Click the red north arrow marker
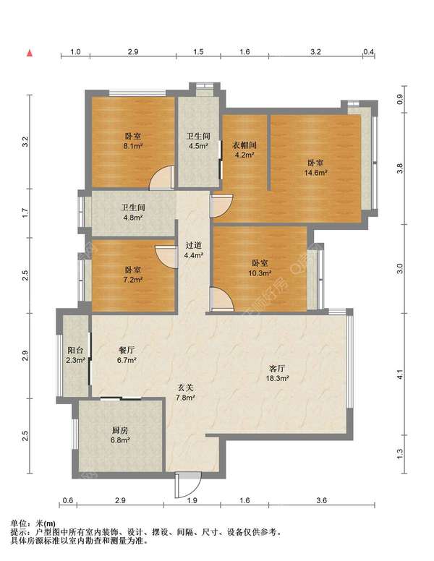[x=30, y=53]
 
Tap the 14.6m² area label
[x=315, y=173]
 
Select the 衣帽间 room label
[x=245, y=145]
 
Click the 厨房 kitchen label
[x=120, y=430]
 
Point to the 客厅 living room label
[x=277, y=369]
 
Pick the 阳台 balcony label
[x=75, y=351]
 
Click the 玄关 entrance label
[x=185, y=387]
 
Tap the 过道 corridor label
[x=193, y=246]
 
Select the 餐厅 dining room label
[x=127, y=351]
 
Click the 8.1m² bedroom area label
[x=133, y=146]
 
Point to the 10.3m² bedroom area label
[x=260, y=273]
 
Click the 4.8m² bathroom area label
[x=133, y=217]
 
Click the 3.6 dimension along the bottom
[x=322, y=500]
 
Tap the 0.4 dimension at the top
[x=368, y=52]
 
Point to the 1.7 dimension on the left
[x=25, y=213]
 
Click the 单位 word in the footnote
[x=18, y=524]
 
